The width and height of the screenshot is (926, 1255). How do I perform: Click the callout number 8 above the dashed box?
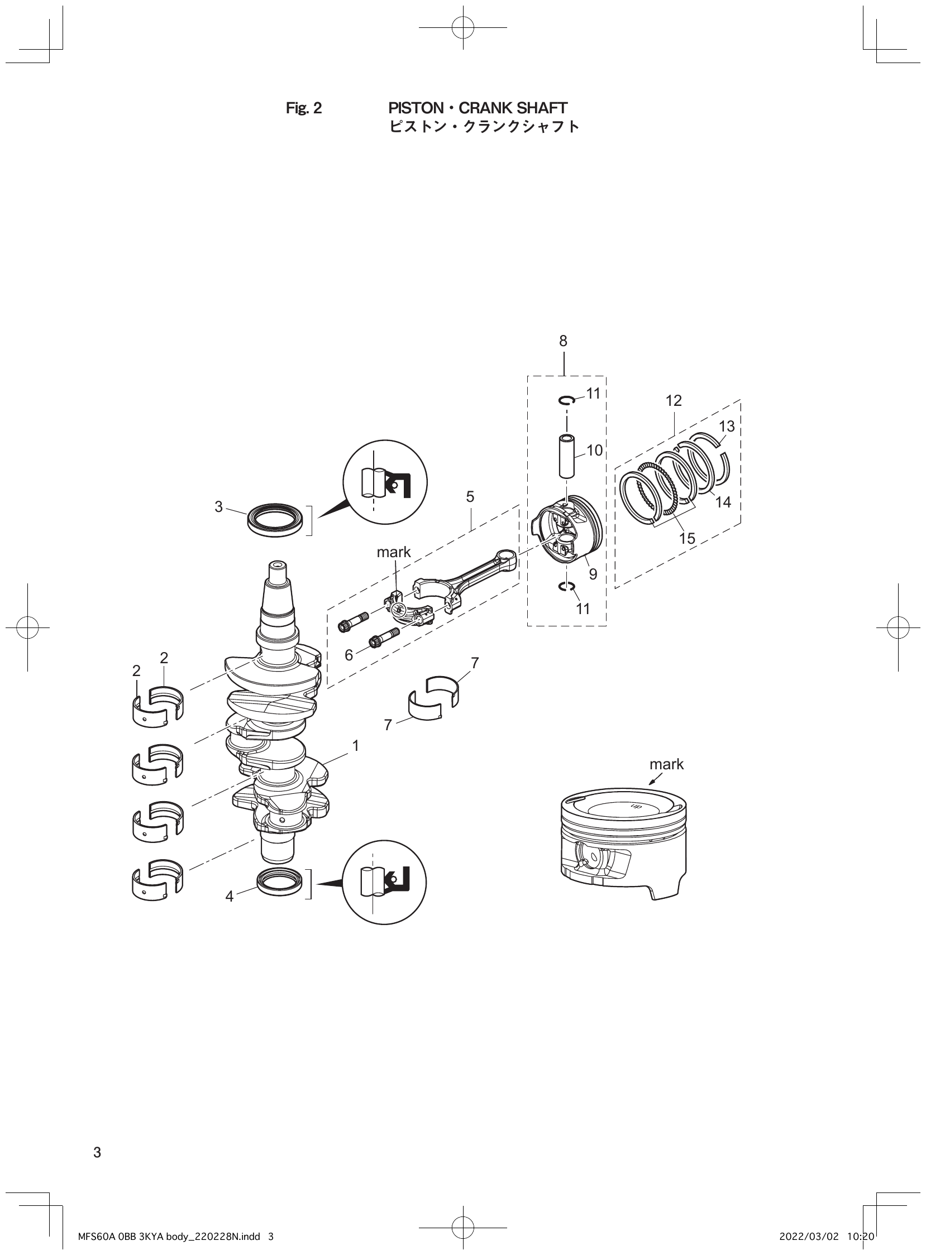563,341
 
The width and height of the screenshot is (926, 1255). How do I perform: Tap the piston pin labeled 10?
567,456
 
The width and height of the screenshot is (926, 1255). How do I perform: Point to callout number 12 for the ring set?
674,401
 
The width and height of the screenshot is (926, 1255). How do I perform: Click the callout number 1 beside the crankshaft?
355,746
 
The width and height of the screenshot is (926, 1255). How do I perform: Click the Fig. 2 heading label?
304,108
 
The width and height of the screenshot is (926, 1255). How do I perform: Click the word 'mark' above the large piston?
666,764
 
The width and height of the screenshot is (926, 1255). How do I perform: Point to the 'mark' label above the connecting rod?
394,552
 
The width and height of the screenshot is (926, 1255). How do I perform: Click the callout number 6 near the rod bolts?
349,655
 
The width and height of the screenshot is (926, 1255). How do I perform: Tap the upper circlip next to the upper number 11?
566,400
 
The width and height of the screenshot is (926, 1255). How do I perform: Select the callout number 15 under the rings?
686,538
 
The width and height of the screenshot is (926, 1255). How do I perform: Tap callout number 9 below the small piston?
593,574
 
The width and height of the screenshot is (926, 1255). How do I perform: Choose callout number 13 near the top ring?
727,427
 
